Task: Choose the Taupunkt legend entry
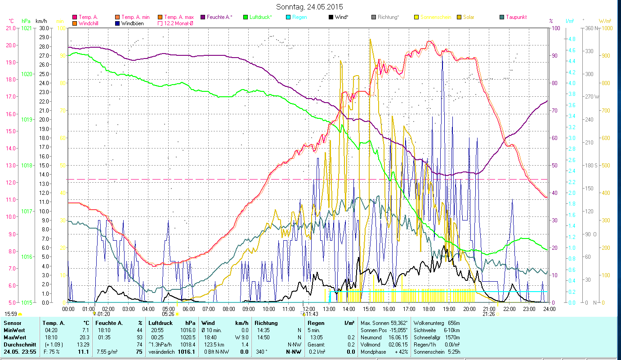click(516, 17)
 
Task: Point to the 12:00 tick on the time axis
click(309, 309)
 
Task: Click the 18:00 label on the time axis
click(429, 309)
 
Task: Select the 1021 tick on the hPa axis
click(27, 28)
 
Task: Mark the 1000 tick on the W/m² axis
click(607, 28)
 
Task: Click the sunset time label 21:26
click(488, 314)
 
